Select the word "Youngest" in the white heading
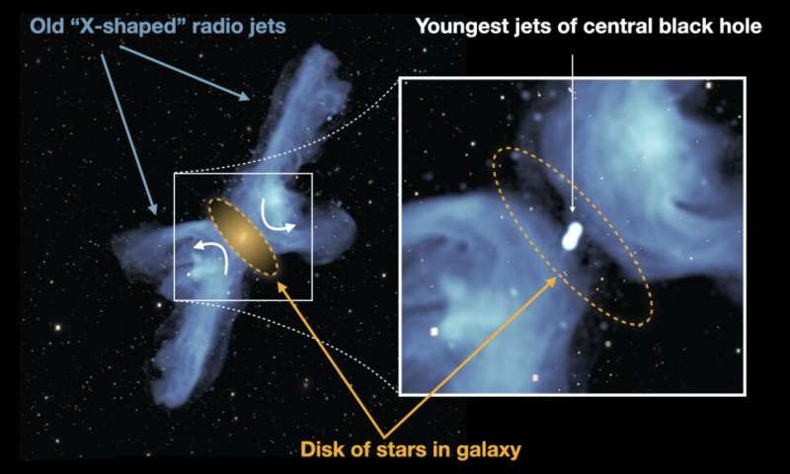pyautogui.click(x=461, y=27)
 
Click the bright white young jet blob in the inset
pyautogui.click(x=572, y=236)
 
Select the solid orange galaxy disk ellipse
pyautogui.click(x=243, y=237)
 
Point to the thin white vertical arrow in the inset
pyautogui.click(x=572, y=134)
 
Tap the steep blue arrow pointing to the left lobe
pyautogui.click(x=129, y=134)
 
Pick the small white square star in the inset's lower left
pyautogui.click(x=434, y=332)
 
